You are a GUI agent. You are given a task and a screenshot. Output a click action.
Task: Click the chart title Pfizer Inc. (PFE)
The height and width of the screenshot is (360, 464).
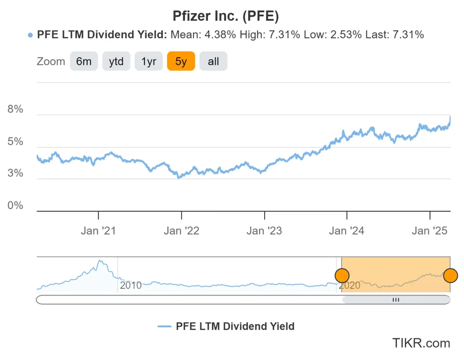click(225, 16)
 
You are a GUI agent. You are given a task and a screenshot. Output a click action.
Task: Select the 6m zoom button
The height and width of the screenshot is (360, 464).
click(84, 61)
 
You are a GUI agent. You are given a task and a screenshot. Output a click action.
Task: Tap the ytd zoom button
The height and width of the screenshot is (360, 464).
click(116, 61)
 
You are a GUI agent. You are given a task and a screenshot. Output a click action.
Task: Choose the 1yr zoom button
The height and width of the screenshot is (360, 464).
click(149, 61)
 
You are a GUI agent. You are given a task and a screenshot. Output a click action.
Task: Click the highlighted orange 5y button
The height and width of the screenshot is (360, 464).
click(181, 61)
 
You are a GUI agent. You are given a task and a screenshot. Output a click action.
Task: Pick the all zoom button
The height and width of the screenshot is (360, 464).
click(213, 61)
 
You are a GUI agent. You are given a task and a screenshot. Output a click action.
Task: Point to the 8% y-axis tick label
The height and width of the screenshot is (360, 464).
click(15, 109)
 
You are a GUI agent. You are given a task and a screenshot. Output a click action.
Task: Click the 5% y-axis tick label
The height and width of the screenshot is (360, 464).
click(15, 141)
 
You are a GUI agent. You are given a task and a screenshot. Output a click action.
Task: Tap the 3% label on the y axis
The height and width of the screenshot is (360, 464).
click(15, 174)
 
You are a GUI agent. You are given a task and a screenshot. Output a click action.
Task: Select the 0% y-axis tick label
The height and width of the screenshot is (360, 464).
click(15, 205)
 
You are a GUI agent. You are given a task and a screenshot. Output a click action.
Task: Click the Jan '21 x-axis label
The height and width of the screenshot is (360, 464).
click(98, 231)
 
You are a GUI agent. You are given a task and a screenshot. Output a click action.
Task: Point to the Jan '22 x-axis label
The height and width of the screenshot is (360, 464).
click(181, 231)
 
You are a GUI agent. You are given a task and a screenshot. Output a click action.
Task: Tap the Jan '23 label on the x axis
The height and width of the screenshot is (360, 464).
click(264, 231)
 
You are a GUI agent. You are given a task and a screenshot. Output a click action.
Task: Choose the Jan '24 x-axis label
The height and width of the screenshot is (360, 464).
click(347, 231)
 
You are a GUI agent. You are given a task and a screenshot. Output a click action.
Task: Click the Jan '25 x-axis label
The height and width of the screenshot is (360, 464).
click(430, 231)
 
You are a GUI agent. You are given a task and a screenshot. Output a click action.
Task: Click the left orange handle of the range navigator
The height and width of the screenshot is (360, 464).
click(342, 275)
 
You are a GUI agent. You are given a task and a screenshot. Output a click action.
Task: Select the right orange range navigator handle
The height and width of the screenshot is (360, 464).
click(450, 275)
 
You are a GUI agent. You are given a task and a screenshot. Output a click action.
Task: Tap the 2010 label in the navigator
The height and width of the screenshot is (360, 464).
click(130, 285)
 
